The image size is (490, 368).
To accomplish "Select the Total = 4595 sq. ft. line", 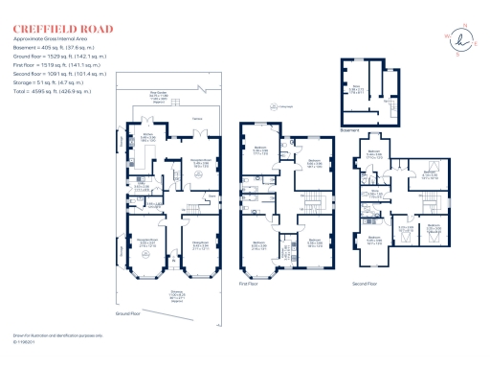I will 54,91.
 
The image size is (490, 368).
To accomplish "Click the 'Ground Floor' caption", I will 128,313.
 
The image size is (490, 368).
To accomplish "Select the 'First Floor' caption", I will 250,284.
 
